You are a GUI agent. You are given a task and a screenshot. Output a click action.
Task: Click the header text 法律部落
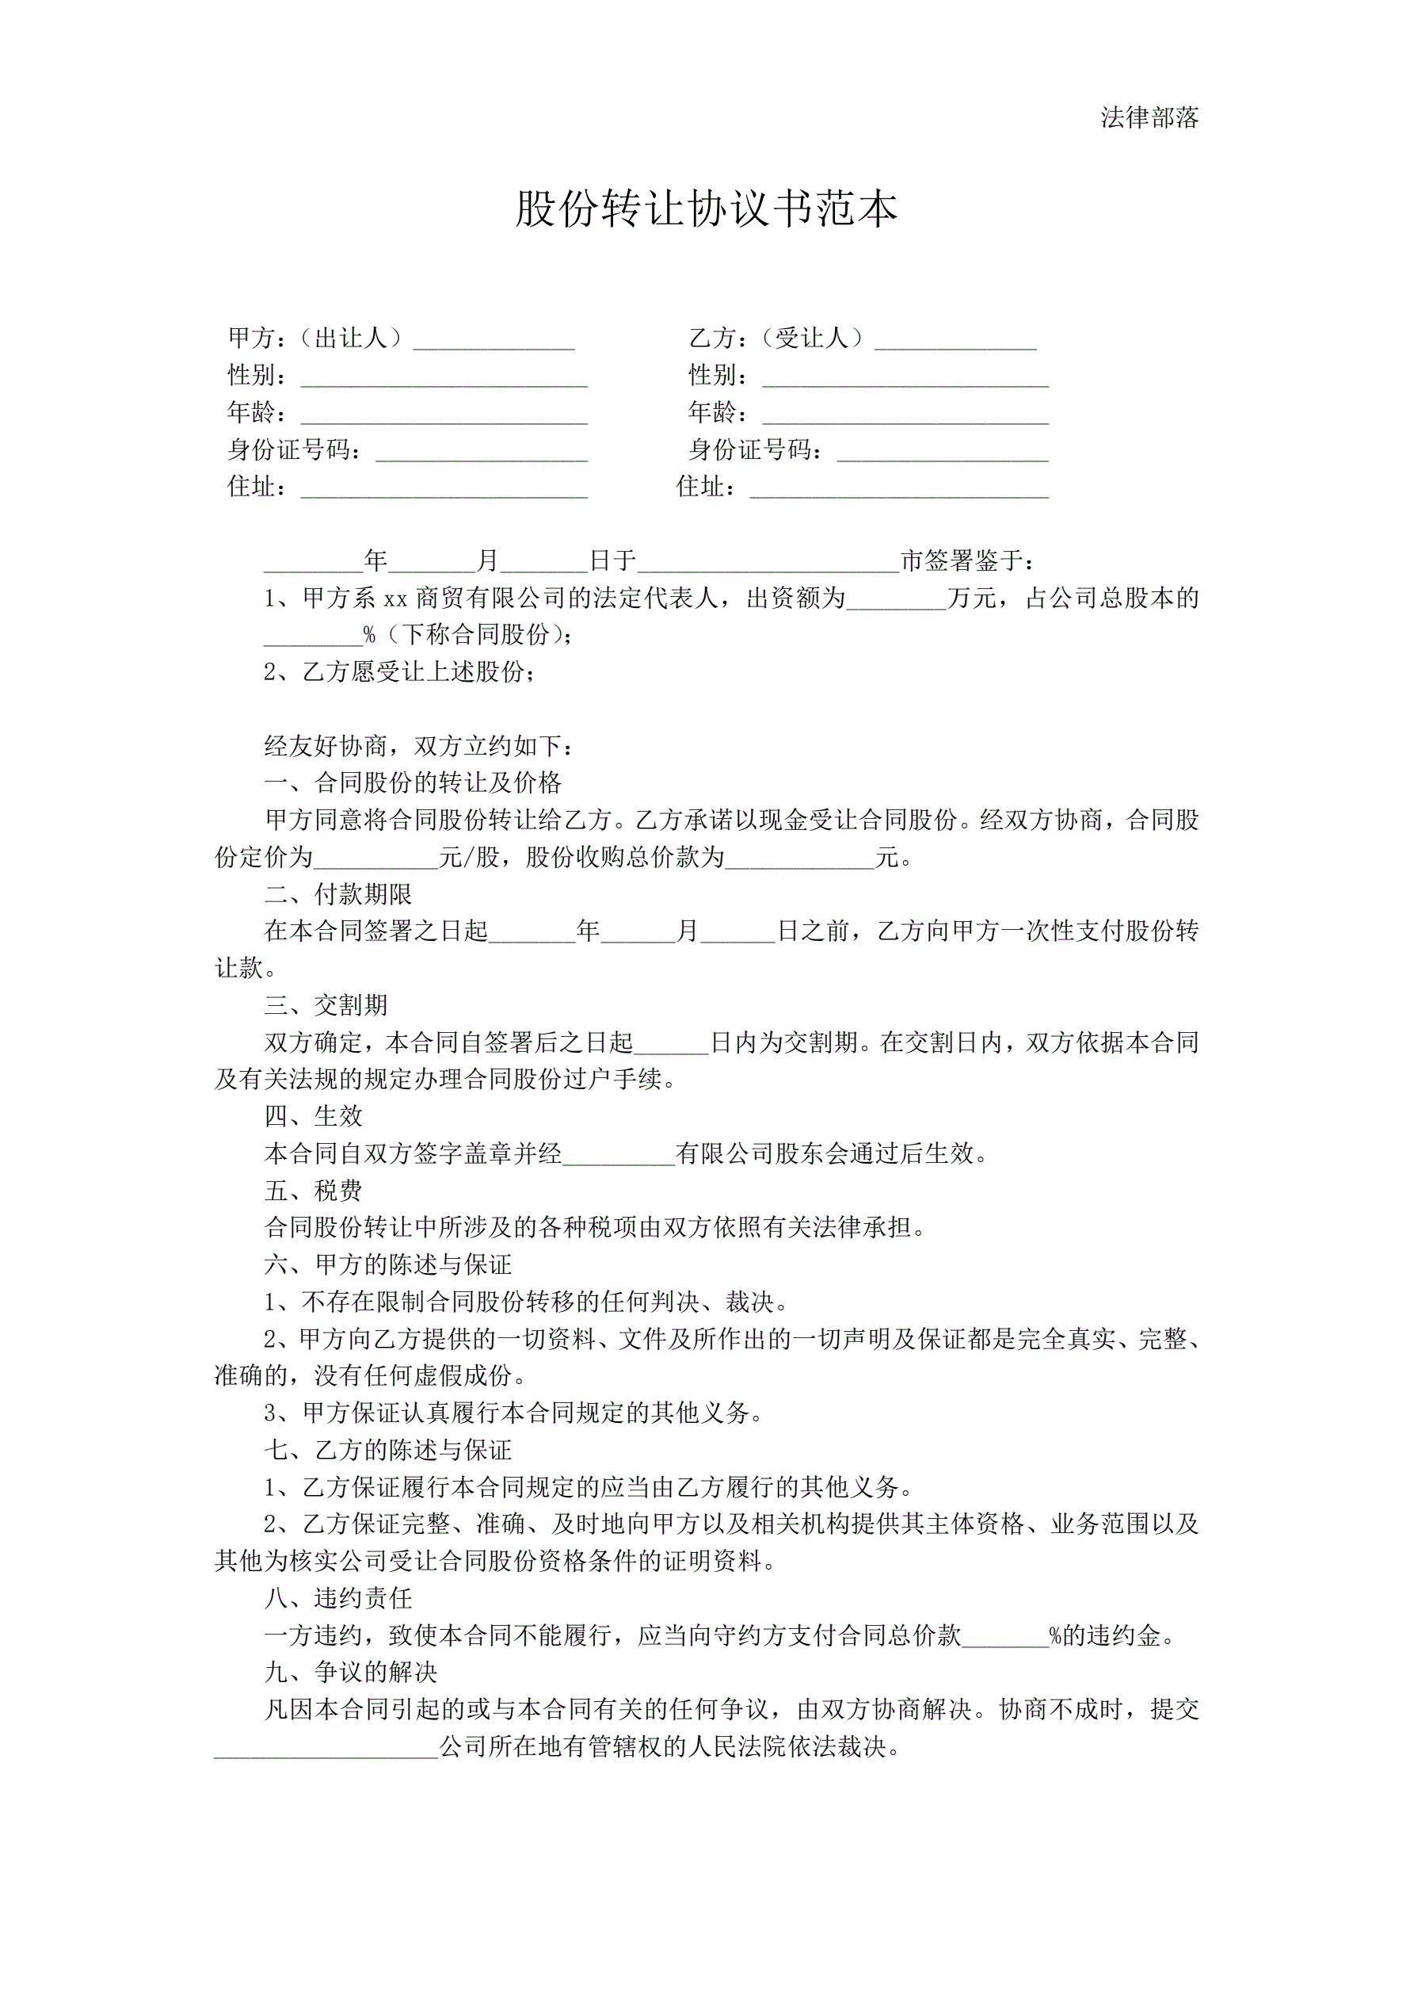[x=1149, y=117]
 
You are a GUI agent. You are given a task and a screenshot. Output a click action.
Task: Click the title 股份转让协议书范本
[x=706, y=209]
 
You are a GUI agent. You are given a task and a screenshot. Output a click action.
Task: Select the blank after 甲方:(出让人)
[x=494, y=341]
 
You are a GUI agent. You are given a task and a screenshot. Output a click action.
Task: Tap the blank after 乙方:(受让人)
[x=955, y=341]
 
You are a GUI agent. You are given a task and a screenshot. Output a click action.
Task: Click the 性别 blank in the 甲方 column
[x=444, y=378]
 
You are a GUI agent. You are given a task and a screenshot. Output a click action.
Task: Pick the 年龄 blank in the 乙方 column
[x=905, y=415]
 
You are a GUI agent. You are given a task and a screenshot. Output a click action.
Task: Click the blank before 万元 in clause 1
[x=896, y=600]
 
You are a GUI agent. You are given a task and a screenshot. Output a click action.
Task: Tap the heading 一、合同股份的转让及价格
[x=413, y=782]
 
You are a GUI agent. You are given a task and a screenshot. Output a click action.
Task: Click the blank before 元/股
[x=376, y=859]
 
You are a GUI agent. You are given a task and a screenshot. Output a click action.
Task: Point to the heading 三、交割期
[x=326, y=1005]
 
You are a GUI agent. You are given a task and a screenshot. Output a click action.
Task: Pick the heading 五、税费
[x=314, y=1191]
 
